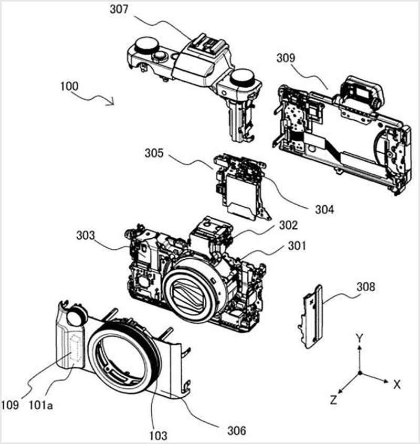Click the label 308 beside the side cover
365,287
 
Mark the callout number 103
158,435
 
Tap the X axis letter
397,384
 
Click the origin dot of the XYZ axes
360,373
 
